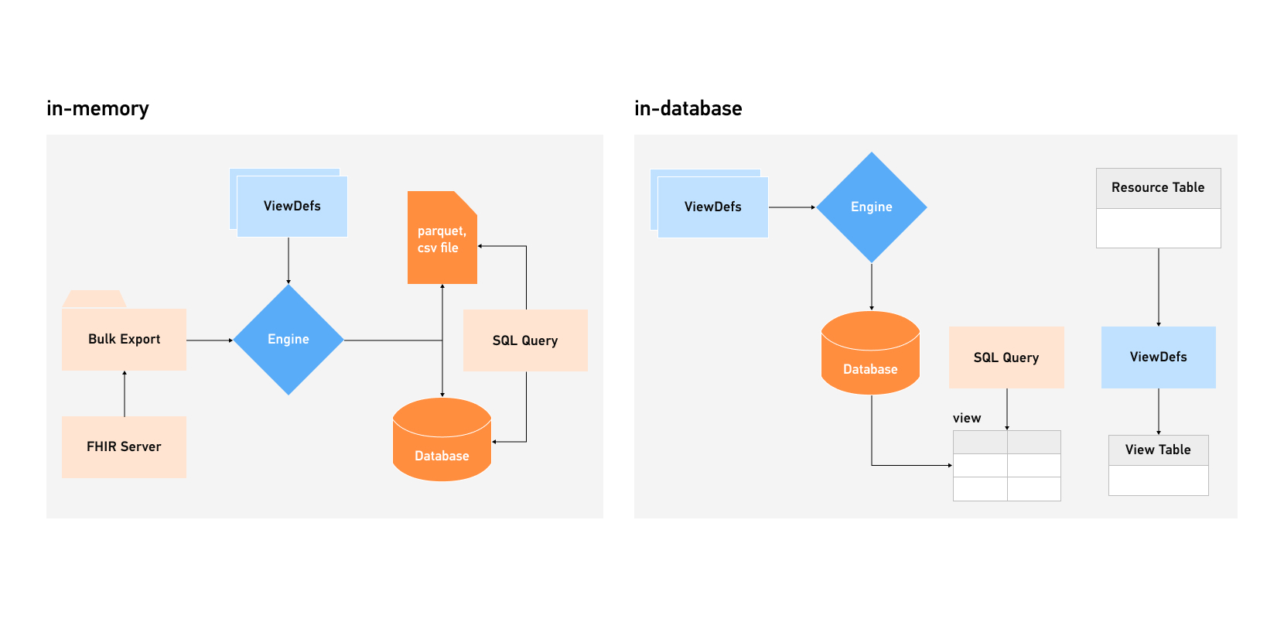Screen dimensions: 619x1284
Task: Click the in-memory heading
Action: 97,108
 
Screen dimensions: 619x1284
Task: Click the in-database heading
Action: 688,108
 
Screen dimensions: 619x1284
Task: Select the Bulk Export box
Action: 124,340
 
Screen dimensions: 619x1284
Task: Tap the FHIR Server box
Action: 124,446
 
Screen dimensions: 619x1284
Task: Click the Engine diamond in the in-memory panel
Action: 289,340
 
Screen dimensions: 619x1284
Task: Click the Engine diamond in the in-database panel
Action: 872,207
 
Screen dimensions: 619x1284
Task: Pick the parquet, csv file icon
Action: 442,239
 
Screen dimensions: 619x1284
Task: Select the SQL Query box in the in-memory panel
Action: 525,340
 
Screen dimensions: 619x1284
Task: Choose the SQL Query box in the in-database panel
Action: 1006,357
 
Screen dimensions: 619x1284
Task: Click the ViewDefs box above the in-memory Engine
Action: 292,206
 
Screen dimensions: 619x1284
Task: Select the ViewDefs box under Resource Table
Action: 1158,357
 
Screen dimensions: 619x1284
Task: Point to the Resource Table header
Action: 1158,188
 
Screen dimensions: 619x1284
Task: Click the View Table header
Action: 1158,450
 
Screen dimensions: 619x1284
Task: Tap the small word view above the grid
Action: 967,418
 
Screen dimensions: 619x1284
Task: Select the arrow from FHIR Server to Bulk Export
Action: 125,394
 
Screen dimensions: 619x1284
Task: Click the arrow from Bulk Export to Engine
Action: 210,340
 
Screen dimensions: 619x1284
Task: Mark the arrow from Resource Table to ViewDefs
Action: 1159,287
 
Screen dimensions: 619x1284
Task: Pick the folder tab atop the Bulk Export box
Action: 94,299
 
